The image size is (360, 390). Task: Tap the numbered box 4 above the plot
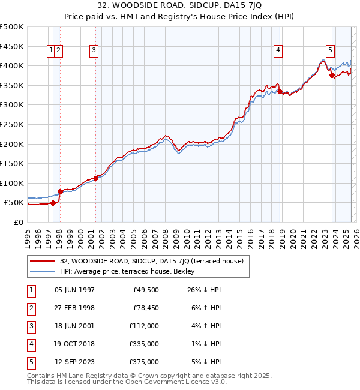(x=278, y=51)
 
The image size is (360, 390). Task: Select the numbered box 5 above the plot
(x=331, y=51)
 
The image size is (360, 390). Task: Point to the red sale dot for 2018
(x=280, y=91)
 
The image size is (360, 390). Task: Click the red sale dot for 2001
(x=96, y=178)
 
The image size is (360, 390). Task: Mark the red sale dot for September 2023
(x=332, y=76)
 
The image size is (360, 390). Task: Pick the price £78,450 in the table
(x=144, y=308)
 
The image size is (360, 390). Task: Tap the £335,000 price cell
(x=144, y=344)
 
